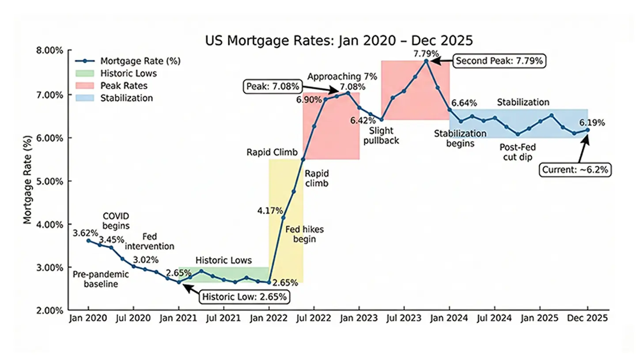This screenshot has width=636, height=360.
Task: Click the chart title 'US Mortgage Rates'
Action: pyautogui.click(x=339, y=41)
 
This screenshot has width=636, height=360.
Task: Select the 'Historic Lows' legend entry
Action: pyautogui.click(x=128, y=73)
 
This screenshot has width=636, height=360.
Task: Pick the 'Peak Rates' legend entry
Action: pyautogui.click(x=124, y=86)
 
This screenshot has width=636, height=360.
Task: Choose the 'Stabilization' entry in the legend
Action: pyautogui.click(x=126, y=98)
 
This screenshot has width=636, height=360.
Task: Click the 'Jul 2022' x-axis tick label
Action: pyautogui.click(x=314, y=318)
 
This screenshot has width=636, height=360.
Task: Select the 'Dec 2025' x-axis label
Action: pyautogui.click(x=587, y=318)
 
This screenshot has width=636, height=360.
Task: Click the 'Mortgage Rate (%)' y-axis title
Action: pyautogui.click(x=27, y=180)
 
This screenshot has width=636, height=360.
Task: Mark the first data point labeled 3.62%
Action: pyautogui.click(x=88, y=241)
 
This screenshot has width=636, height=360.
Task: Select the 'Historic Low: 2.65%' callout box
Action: pyautogui.click(x=246, y=297)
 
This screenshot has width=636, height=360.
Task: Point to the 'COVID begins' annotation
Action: pyautogui.click(x=116, y=220)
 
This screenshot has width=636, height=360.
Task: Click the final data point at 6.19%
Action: pyautogui.click(x=587, y=130)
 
